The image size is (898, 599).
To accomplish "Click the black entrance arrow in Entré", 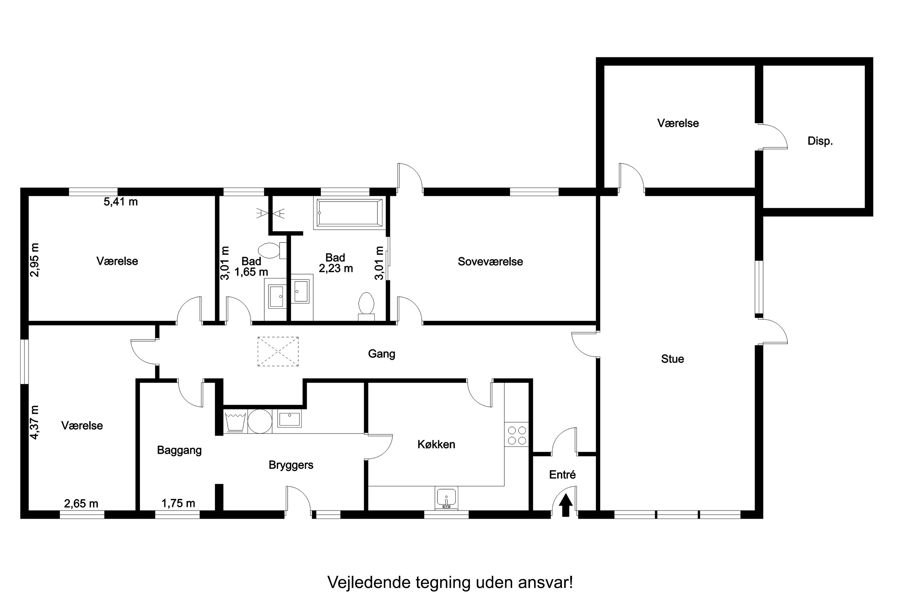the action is point(565,505).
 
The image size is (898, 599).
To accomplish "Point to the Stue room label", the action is point(672,359).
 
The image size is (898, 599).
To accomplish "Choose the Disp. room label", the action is point(820,141).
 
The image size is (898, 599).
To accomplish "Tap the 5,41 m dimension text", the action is point(121,202).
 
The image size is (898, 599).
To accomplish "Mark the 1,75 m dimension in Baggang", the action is point(178,503).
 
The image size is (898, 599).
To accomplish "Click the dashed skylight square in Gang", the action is point(278,351).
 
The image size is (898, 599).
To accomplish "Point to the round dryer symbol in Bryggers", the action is point(260,421).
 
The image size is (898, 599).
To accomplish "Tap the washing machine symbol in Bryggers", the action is point(235,421).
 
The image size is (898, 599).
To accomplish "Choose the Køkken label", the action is point(436,444).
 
